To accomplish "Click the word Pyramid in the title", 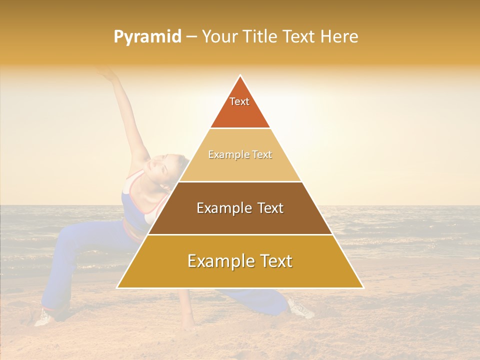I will point(147,37).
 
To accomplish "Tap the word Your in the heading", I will point(218,36).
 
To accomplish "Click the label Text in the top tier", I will point(239,101).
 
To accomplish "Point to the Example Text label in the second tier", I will point(240,154).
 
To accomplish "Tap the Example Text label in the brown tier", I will point(240,208).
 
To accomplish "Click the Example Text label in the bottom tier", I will point(240,261).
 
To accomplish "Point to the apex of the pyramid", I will point(240,76).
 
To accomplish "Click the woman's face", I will point(162,167).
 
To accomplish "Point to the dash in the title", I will point(191,37).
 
